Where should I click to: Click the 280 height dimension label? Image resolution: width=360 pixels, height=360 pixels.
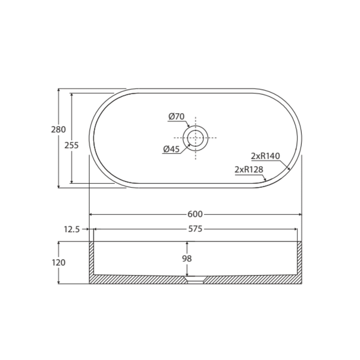click(x=58, y=129)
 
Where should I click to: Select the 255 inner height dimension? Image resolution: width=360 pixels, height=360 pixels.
click(x=71, y=145)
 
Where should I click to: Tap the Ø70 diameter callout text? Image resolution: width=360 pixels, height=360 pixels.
click(x=176, y=116)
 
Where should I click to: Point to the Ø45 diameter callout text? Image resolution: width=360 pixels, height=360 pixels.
click(x=171, y=149)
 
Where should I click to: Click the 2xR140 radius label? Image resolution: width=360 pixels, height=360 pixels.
click(x=265, y=156)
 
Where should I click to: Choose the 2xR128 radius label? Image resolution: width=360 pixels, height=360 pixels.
click(x=249, y=169)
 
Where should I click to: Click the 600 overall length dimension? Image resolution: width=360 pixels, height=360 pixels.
click(x=195, y=214)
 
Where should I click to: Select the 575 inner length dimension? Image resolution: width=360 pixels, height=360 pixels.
click(x=195, y=229)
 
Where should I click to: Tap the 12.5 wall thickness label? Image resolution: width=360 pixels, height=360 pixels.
click(x=71, y=229)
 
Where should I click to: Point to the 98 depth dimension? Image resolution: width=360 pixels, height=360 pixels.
click(x=187, y=259)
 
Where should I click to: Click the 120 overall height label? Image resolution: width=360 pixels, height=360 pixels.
click(x=58, y=262)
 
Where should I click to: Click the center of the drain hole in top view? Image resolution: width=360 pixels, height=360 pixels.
click(x=195, y=138)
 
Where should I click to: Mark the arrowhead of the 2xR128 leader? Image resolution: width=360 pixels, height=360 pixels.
click(x=265, y=180)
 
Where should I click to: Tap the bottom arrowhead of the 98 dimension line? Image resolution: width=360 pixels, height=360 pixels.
click(x=187, y=275)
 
